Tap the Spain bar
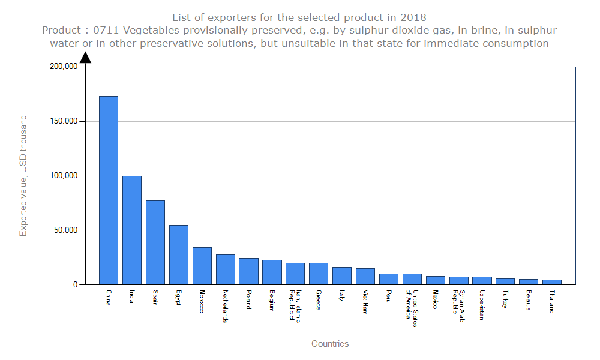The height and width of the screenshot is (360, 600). click(x=155, y=242)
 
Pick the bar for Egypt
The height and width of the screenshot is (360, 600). click(x=179, y=254)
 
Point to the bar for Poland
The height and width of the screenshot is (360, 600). click(x=248, y=271)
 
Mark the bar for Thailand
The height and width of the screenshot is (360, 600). click(x=552, y=282)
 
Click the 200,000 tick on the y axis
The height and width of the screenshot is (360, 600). click(x=63, y=67)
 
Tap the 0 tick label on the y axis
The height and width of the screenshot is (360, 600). click(x=75, y=285)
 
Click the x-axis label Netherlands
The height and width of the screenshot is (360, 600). click(x=225, y=307)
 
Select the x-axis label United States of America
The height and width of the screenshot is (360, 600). click(x=412, y=309)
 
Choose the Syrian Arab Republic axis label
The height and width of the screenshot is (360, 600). click(x=458, y=305)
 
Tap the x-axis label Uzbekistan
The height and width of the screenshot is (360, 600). click(x=482, y=305)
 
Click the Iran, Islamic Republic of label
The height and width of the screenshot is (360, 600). click(x=295, y=306)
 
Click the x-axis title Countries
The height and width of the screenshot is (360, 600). click(x=330, y=344)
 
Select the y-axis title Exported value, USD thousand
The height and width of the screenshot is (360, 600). click(x=23, y=176)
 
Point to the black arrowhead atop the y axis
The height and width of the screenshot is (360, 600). click(x=85, y=58)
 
